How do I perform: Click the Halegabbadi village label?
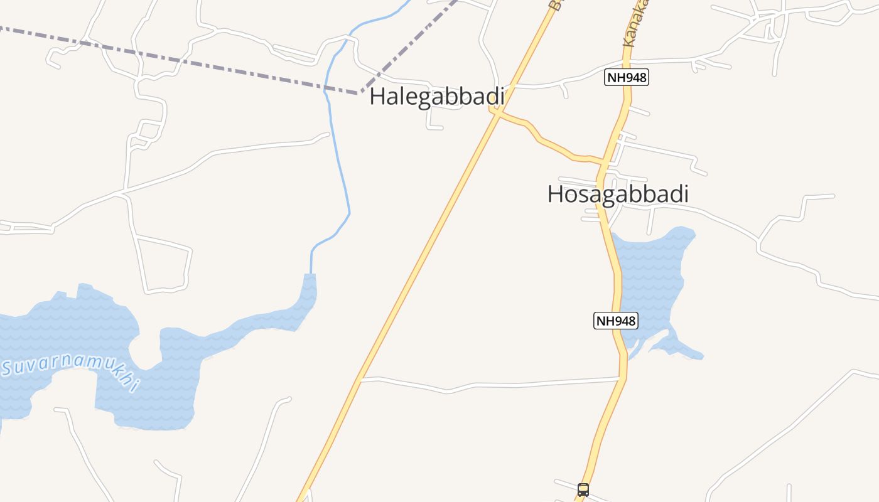click(437, 97)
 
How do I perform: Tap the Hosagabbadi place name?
click(618, 194)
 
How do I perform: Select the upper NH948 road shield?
click(626, 78)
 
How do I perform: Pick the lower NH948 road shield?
click(615, 321)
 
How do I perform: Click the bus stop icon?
click(583, 489)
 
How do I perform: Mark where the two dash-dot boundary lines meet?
click(360, 93)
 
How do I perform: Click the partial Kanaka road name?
click(635, 25)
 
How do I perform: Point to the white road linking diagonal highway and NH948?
click(490, 383)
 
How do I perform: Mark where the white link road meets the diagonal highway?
click(360, 378)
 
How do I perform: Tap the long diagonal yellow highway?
click(427, 251)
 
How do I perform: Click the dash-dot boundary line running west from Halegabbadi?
click(188, 63)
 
